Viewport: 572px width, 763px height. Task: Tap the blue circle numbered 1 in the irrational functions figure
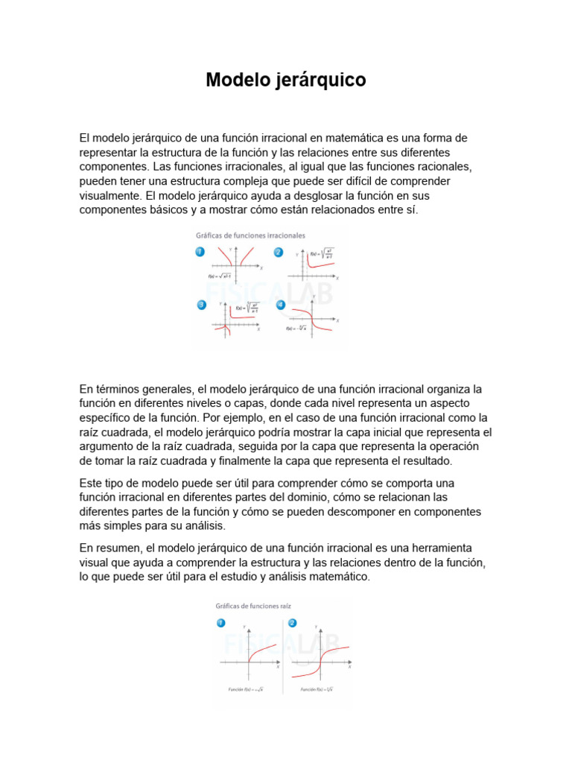pyautogui.click(x=200, y=253)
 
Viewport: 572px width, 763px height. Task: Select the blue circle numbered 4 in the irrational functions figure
pyautogui.click(x=281, y=305)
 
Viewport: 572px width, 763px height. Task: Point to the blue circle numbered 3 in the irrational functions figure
pyautogui.click(x=201, y=305)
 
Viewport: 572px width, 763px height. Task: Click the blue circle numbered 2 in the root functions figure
pyautogui.click(x=292, y=623)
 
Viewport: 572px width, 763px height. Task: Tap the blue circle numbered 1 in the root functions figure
pyautogui.click(x=221, y=623)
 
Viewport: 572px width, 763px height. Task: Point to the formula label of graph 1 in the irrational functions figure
pyautogui.click(x=222, y=277)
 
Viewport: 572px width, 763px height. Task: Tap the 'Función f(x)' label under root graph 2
pyautogui.click(x=317, y=690)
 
